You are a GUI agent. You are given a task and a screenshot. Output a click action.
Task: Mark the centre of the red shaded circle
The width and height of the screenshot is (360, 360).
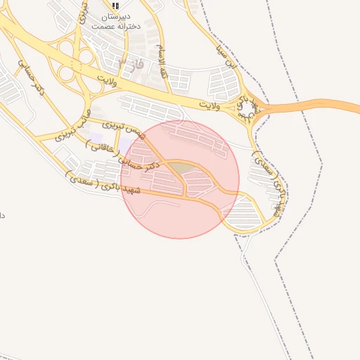tap(180, 179)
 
